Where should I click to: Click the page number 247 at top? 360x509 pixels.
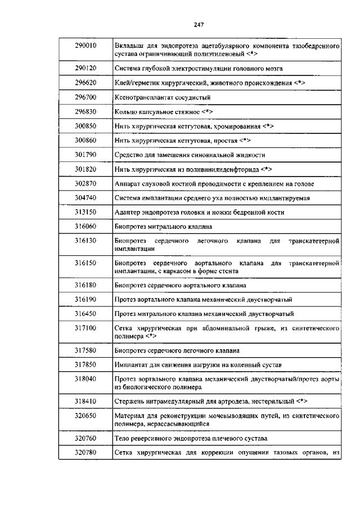pos(198,24)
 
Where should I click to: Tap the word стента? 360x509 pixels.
pos(227,271)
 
